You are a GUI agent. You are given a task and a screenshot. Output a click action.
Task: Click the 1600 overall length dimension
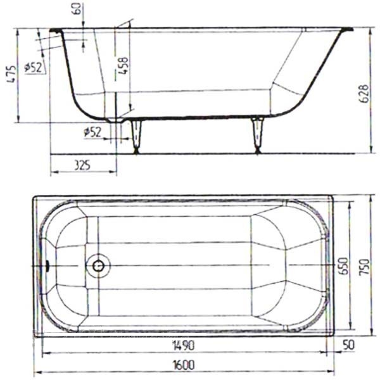tap(184, 365)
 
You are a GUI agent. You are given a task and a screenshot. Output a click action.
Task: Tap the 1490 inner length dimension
tap(184, 345)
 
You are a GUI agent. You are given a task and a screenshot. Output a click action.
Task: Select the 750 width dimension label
tap(364, 267)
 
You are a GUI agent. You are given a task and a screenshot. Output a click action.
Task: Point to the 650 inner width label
tap(343, 266)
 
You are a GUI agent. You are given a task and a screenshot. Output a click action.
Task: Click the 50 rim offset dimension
tap(349, 345)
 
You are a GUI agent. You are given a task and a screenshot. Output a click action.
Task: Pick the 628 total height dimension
tap(364, 94)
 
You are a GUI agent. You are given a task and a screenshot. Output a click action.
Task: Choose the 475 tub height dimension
tap(12, 74)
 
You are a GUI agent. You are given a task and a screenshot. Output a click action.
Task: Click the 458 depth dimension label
tap(123, 65)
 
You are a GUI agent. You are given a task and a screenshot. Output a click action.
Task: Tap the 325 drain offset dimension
tap(82, 165)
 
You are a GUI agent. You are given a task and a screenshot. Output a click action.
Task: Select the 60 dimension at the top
tap(77, 9)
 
